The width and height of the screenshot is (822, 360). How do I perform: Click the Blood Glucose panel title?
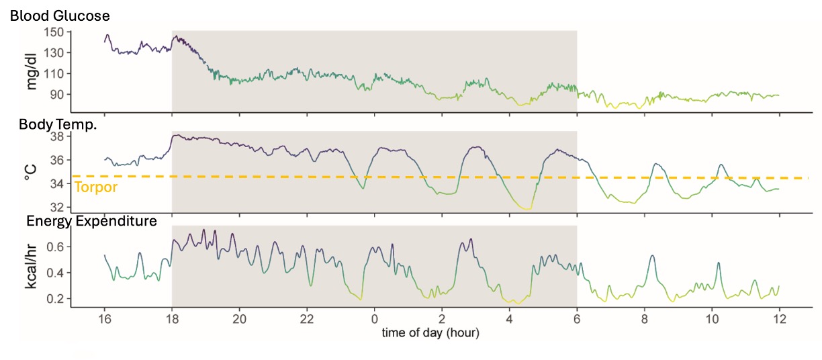(x=60, y=15)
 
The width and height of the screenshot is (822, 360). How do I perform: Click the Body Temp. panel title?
(x=58, y=124)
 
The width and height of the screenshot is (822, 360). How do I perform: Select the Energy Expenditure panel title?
(x=91, y=220)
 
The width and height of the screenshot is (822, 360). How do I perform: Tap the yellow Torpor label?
(x=96, y=187)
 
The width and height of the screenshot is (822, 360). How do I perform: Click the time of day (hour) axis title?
(x=430, y=332)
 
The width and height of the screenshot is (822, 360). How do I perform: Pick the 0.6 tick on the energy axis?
(x=54, y=247)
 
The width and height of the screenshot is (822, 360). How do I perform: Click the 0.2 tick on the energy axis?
(x=54, y=298)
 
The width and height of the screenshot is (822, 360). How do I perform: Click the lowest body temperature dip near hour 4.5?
(x=528, y=209)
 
